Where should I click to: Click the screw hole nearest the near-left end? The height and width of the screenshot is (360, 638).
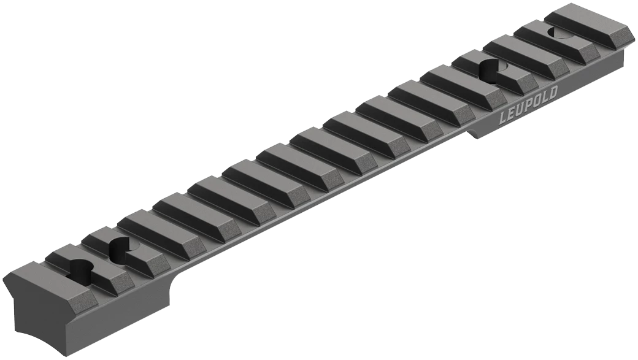[x=82, y=268]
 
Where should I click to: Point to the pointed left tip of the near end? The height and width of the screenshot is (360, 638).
[x=6, y=291]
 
